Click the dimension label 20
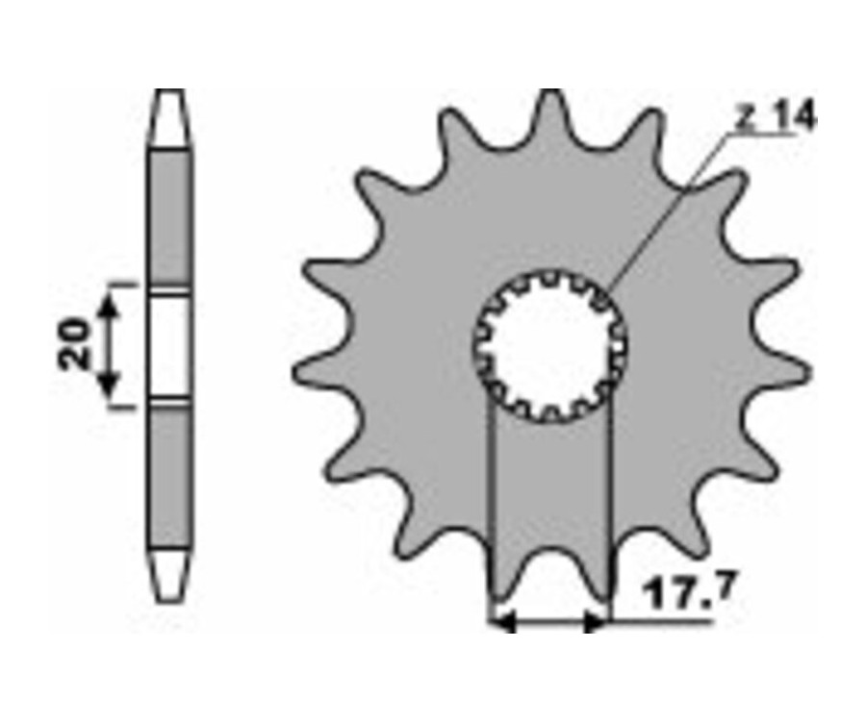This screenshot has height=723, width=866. click(74, 343)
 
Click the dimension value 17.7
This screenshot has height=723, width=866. click(690, 590)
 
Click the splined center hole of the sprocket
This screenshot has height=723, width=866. click(550, 347)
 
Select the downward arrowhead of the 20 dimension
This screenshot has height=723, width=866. click(110, 386)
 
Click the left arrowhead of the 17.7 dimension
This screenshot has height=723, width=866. click(503, 623)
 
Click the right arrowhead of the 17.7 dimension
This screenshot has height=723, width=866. click(596, 623)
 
